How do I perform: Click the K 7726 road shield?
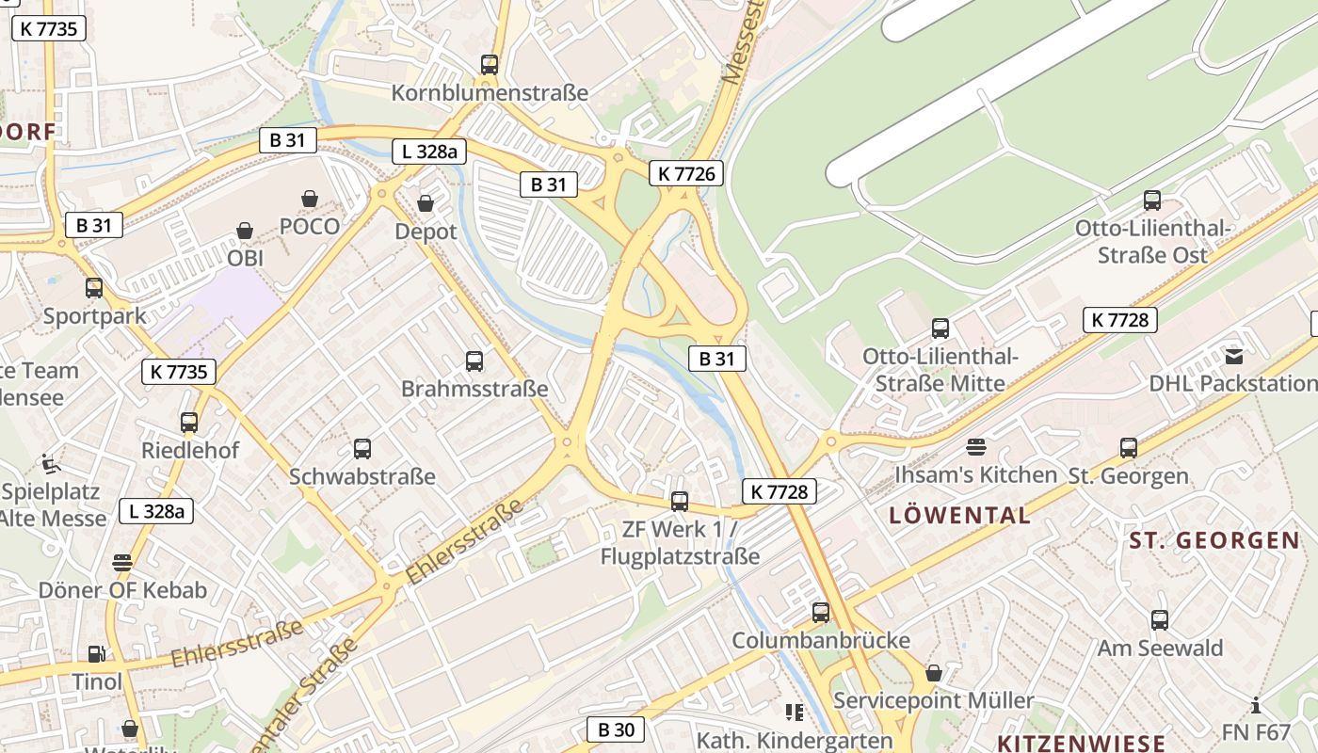(685, 173)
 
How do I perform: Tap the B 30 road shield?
(617, 729)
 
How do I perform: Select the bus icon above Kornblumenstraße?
(489, 65)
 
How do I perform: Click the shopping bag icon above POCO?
(309, 199)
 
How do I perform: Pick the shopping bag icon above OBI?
(245, 231)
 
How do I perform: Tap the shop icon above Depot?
(426, 203)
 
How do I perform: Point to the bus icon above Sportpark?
(94, 288)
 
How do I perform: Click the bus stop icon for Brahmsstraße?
(474, 360)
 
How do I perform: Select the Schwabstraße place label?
(362, 476)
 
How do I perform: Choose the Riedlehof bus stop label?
(190, 450)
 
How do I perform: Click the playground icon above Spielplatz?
(50, 463)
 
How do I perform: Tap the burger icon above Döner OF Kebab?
(122, 563)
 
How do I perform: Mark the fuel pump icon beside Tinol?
(96, 654)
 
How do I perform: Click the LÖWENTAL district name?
(959, 515)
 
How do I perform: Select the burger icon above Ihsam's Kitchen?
(976, 446)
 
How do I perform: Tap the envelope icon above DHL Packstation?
(1233, 356)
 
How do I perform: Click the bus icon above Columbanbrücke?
(821, 613)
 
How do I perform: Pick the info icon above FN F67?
(1256, 705)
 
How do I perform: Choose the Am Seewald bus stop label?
(1160, 648)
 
